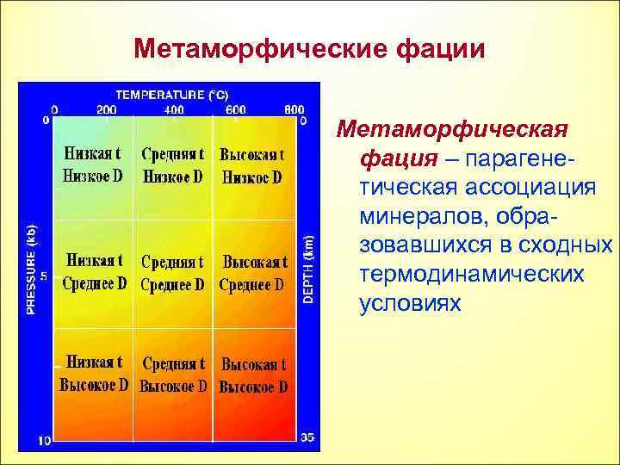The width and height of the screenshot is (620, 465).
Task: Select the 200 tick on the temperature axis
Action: pyautogui.click(x=107, y=110)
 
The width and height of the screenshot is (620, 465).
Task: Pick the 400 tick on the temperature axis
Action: pyautogui.click(x=175, y=110)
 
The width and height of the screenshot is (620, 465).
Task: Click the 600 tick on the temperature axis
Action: pyautogui.click(x=235, y=110)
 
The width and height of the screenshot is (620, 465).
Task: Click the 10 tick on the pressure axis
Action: pyautogui.click(x=45, y=440)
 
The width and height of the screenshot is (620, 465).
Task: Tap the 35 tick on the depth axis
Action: pyautogui.click(x=307, y=437)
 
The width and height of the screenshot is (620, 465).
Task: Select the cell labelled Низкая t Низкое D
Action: pyautogui.click(x=92, y=165)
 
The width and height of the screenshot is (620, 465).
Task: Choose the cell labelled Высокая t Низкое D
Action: pyautogui.click(x=252, y=166)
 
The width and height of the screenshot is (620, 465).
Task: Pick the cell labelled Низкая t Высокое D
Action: pyautogui.click(x=93, y=374)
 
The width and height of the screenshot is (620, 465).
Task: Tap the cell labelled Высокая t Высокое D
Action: pyautogui.click(x=253, y=375)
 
